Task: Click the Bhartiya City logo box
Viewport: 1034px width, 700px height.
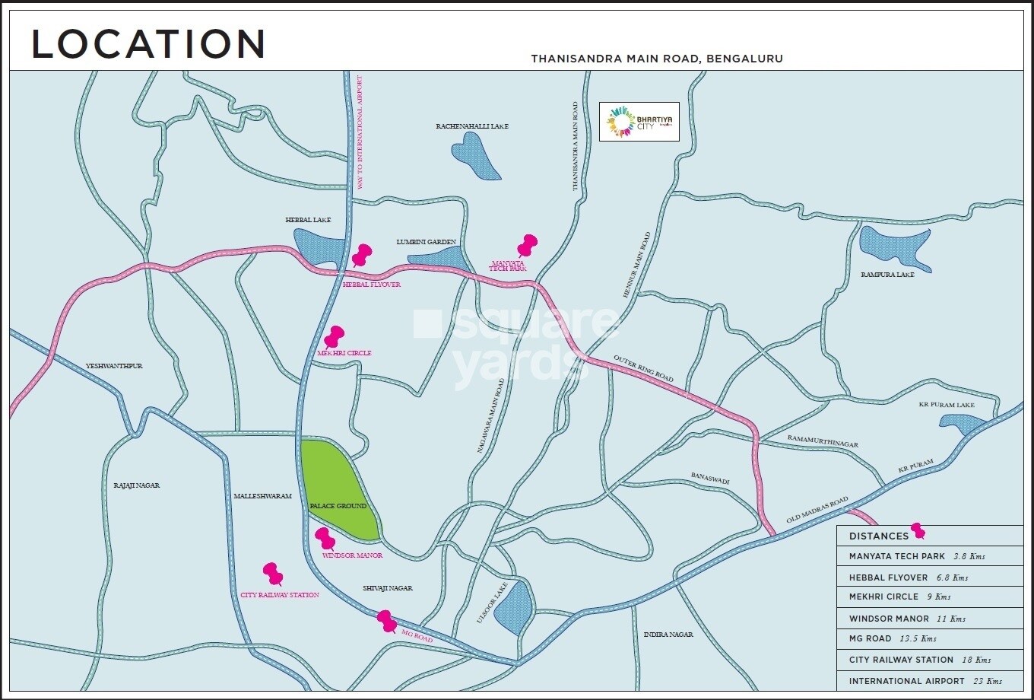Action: (639, 122)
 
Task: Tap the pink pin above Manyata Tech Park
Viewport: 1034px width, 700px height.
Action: (527, 245)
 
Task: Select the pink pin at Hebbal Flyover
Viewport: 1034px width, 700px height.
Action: (361, 254)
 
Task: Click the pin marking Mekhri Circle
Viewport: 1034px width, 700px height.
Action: (334, 336)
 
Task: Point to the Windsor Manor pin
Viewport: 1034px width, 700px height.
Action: (325, 538)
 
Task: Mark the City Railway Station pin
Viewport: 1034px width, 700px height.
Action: (272, 573)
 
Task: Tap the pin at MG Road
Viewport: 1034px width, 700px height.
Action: (387, 621)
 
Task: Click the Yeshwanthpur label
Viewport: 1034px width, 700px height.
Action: (114, 366)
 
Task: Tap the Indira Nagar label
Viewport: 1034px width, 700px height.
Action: (668, 634)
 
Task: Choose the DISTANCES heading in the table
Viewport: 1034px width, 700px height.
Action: (878, 536)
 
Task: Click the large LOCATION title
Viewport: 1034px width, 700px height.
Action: (148, 44)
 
